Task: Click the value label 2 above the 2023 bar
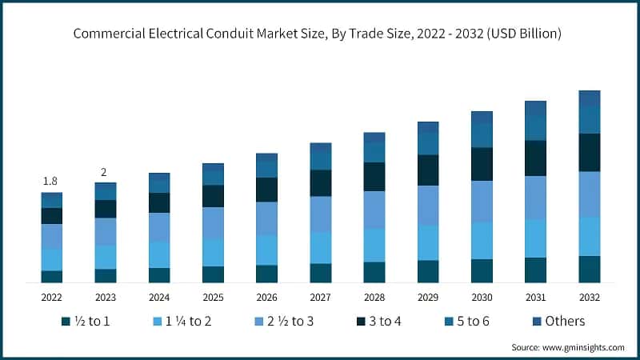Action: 105,172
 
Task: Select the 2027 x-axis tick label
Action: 320,297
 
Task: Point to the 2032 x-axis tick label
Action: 589,297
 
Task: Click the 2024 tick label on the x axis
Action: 159,297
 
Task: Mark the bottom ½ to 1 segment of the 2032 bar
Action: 589,270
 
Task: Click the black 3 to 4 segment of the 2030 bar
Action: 482,164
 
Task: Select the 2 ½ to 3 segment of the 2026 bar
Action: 266,218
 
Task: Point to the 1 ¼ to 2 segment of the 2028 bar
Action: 374,246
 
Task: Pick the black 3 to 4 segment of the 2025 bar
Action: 213,196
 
